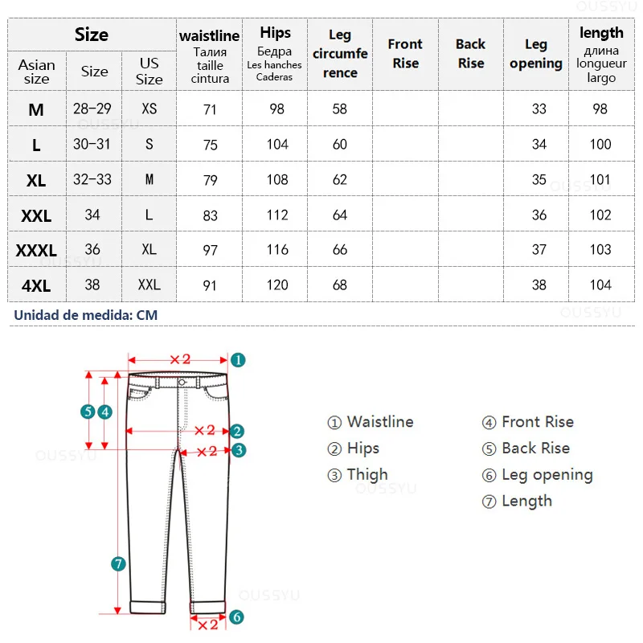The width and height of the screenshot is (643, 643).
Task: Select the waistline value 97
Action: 211,250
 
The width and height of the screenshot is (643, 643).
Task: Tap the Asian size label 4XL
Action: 36,285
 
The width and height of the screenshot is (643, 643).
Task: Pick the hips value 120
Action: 277,285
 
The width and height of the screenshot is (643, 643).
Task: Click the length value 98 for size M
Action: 600,109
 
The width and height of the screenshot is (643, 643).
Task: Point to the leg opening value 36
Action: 539,215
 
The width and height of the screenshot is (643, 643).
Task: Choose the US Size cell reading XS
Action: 149,109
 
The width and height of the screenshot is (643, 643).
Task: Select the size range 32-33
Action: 93,180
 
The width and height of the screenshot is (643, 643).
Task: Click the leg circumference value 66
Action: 340,250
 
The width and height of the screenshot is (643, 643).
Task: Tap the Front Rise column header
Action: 405,54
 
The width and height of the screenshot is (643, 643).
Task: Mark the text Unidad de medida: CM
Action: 86,315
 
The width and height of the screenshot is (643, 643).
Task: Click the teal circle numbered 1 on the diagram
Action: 238,360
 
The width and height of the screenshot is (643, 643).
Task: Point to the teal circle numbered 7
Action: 118,564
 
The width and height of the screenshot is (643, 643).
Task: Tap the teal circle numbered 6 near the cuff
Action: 236,617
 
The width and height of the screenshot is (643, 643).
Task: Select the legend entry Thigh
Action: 358,475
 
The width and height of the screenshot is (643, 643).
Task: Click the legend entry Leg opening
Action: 538,475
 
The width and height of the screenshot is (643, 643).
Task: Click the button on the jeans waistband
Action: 182,383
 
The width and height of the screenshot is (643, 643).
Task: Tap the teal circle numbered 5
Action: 88,412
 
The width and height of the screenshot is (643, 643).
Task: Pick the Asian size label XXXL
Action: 36,251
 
